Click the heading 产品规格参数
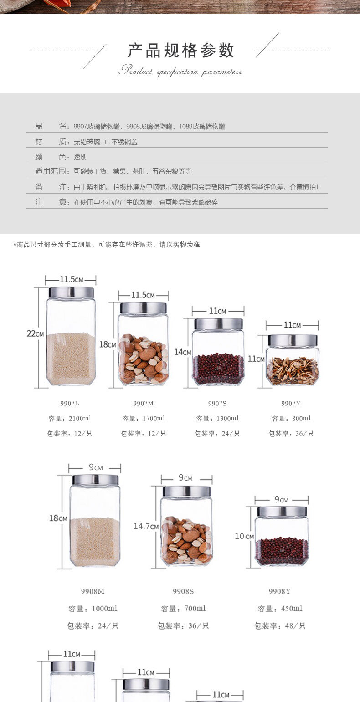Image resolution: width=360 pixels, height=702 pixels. click(x=180, y=51)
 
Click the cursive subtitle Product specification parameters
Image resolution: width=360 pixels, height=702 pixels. click(x=180, y=71)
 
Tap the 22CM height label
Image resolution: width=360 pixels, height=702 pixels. click(x=35, y=333)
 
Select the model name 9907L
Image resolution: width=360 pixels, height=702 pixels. click(x=70, y=403)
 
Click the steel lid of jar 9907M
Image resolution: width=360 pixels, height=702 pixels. click(x=143, y=308)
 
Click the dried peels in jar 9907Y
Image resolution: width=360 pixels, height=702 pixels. click(x=292, y=371)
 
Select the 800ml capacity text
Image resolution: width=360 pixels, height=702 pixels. click(x=301, y=418)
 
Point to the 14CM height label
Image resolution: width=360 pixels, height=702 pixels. click(x=183, y=352)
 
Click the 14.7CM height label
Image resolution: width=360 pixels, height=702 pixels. click(x=146, y=526)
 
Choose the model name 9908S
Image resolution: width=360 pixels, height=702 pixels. click(x=183, y=591)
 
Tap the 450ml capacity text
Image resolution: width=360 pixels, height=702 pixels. click(x=292, y=608)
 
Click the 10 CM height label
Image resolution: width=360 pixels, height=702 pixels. click(x=244, y=536)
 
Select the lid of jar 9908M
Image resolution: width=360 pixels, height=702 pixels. click(x=95, y=480)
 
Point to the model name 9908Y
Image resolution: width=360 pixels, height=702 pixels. click(x=280, y=591)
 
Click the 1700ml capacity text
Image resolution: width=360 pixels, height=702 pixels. click(x=154, y=418)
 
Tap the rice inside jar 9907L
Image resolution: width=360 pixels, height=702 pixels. click(x=71, y=359)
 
